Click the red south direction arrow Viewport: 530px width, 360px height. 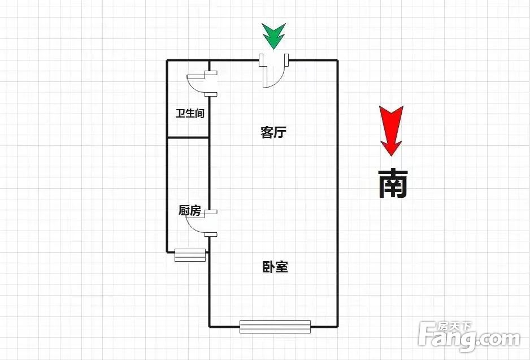tap(391, 131)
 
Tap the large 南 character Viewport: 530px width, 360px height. tap(393, 183)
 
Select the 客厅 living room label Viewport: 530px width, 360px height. tap(273, 132)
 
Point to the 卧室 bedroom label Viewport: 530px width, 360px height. tap(275, 267)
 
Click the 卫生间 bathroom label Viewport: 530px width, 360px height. tap(190, 113)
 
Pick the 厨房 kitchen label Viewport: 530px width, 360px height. tap(190, 211)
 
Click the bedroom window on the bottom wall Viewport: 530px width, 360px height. tap(275, 327)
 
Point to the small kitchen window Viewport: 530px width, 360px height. tap(190, 255)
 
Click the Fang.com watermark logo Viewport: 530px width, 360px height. tap(469, 337)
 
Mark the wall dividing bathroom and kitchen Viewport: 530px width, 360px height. tap(188, 137)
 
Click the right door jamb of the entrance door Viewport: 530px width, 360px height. tap(286, 60)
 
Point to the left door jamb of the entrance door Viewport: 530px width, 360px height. tap(261, 60)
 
